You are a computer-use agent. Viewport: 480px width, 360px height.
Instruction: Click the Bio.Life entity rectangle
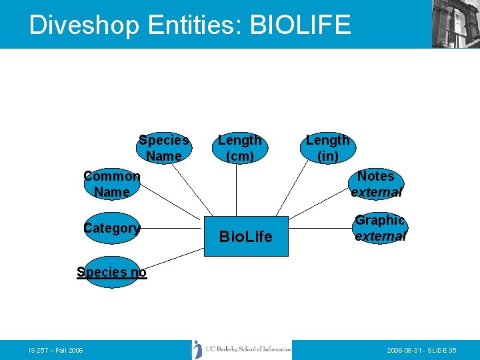tap(246, 236)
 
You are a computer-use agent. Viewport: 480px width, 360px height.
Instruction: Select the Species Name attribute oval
tap(164, 148)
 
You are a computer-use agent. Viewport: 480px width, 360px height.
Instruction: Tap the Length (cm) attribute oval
tap(240, 148)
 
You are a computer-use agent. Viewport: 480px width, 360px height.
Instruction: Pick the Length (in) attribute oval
tap(327, 148)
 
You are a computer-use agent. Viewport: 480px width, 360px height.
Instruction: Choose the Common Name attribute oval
tap(112, 184)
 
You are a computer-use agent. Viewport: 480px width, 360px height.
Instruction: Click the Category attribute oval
tap(112, 229)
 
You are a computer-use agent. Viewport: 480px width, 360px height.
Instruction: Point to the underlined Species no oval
tap(111, 272)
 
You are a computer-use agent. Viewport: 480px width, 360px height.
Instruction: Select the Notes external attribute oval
tap(377, 184)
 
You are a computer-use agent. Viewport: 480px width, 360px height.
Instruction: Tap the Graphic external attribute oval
tap(380, 228)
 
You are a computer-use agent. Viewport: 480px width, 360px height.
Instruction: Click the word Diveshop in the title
tap(85, 25)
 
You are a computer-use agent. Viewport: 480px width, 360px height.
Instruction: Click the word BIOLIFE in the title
tap(299, 25)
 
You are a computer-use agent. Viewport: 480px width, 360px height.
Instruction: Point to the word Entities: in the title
tap(194, 25)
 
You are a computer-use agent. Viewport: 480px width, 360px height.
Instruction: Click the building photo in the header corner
tap(455, 24)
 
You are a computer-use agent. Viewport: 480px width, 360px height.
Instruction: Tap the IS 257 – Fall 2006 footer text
tap(56, 350)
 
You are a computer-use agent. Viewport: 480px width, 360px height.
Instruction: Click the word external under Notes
tap(377, 193)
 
